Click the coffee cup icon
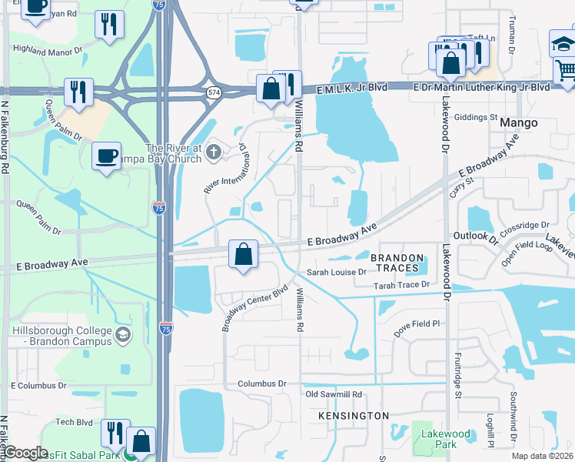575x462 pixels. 106,156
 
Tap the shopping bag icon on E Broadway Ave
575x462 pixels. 243,253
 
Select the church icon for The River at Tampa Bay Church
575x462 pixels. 214,154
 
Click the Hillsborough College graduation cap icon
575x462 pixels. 122,335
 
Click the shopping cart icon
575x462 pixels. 565,72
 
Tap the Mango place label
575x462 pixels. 517,122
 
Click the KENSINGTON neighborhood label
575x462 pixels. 354,416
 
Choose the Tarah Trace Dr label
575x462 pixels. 400,285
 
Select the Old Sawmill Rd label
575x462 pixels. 334,394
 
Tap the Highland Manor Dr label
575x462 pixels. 47,50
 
